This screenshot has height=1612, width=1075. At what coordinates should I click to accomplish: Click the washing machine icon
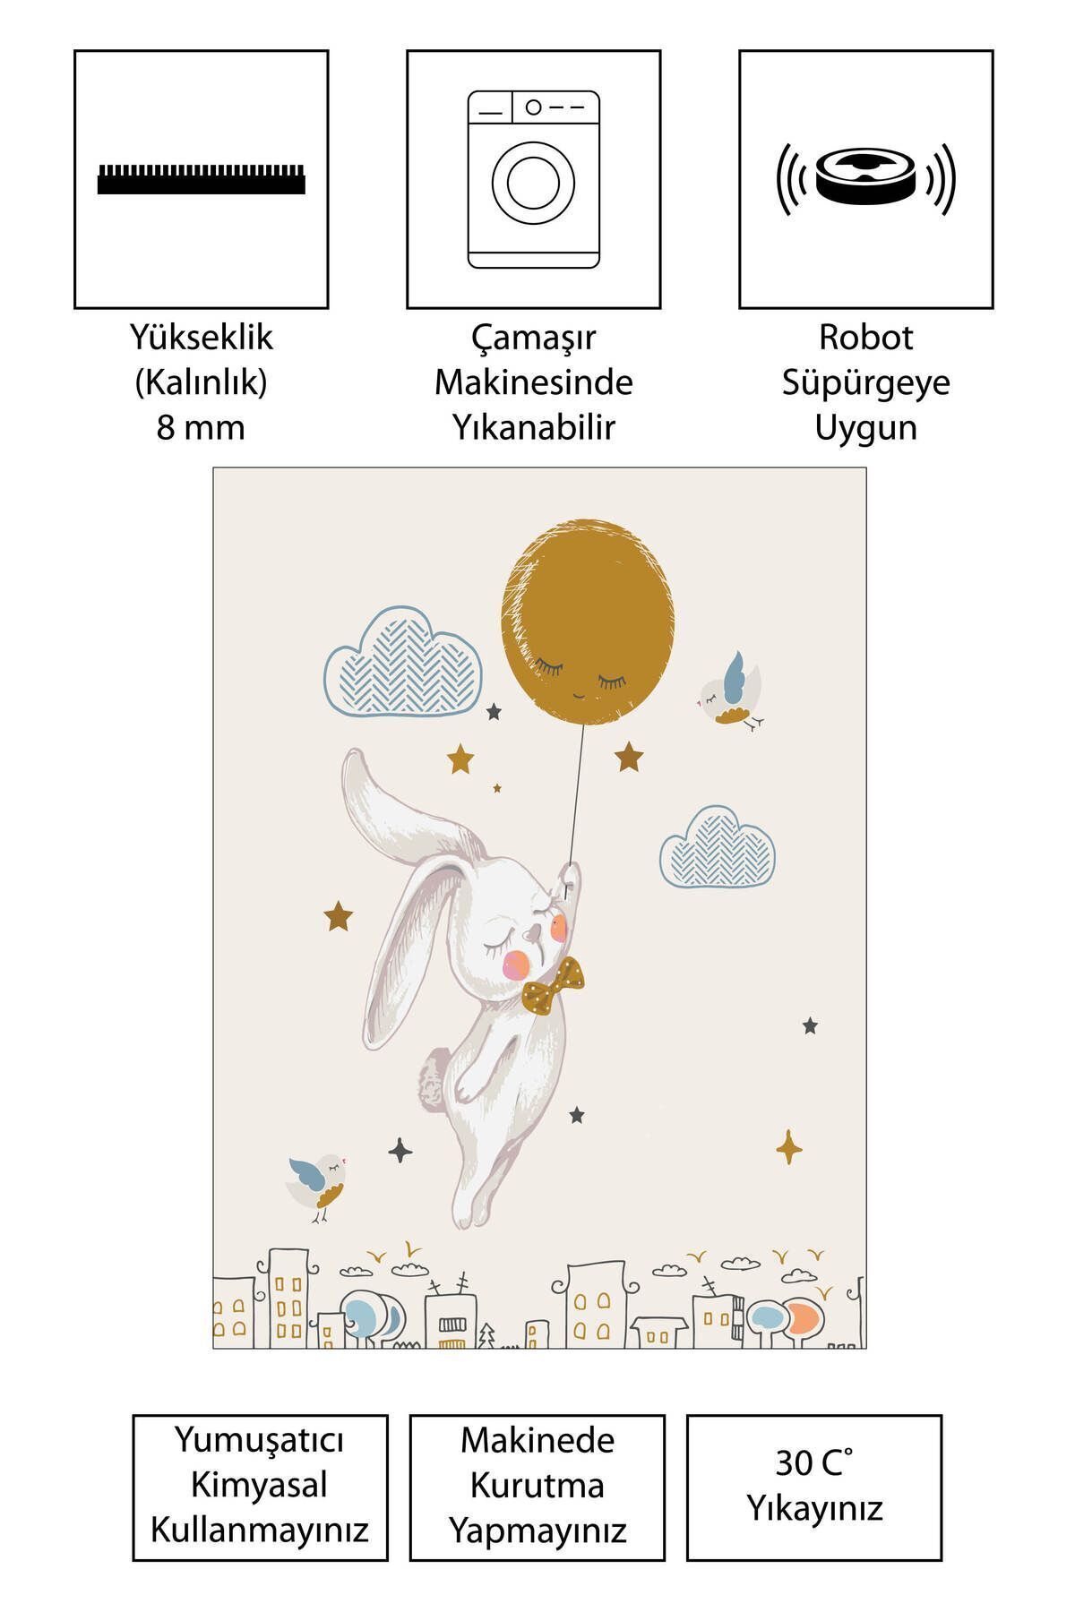[x=533, y=179]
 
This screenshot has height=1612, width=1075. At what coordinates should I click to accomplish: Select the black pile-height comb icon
[x=202, y=179]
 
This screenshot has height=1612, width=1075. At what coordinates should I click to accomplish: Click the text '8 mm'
[x=201, y=427]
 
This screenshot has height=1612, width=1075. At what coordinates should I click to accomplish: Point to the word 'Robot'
[x=865, y=338]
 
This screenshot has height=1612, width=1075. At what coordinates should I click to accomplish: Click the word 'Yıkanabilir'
[x=533, y=427]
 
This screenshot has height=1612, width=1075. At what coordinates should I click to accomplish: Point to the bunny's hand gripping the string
[x=567, y=880]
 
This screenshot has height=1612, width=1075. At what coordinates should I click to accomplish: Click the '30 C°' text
[x=813, y=1462]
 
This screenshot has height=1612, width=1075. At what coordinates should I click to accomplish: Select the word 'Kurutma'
[x=537, y=1485]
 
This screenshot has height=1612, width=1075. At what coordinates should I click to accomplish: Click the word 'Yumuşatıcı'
[x=260, y=1442]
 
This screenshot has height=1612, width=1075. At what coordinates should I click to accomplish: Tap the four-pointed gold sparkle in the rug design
[x=789, y=1147]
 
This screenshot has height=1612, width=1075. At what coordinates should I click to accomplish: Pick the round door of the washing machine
[x=533, y=183]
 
